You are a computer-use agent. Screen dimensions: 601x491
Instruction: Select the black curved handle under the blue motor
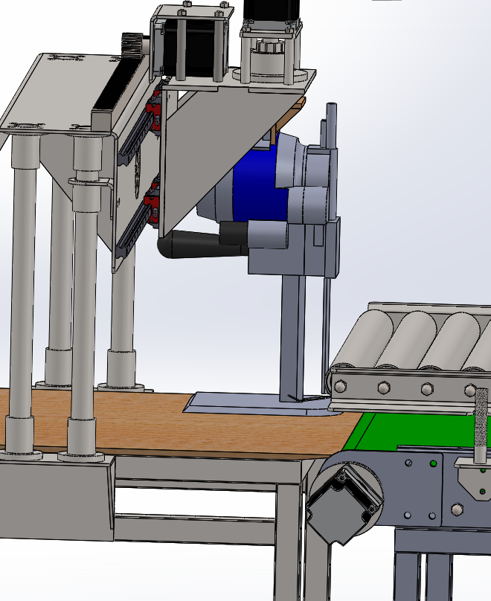click(190, 244)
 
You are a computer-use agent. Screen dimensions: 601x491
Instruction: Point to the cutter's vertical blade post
click(292, 335)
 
